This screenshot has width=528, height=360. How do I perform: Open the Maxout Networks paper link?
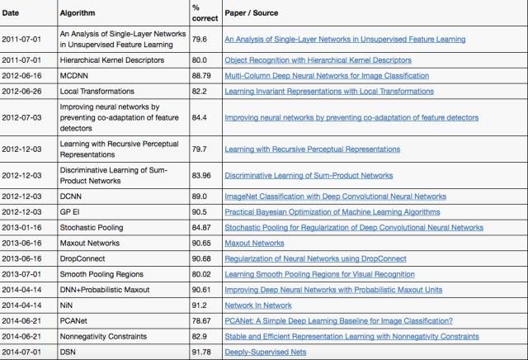[254, 243]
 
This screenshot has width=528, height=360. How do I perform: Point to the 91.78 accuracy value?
[202, 353]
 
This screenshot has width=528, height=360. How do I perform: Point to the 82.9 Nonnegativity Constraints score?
[200, 337]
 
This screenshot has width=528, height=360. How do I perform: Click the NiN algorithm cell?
[68, 306]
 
